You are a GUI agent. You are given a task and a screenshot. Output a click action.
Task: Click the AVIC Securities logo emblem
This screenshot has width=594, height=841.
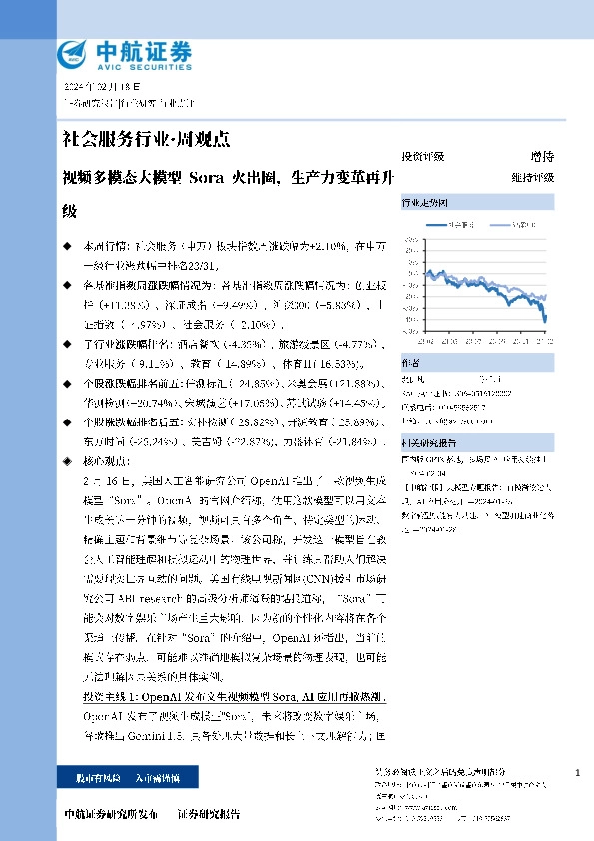[x=76, y=52]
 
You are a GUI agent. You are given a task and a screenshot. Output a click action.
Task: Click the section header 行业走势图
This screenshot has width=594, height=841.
[x=424, y=201]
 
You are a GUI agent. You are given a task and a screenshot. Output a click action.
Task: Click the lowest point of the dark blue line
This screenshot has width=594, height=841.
[x=546, y=321]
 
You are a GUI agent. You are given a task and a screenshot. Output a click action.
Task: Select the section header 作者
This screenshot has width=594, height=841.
[x=411, y=362]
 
